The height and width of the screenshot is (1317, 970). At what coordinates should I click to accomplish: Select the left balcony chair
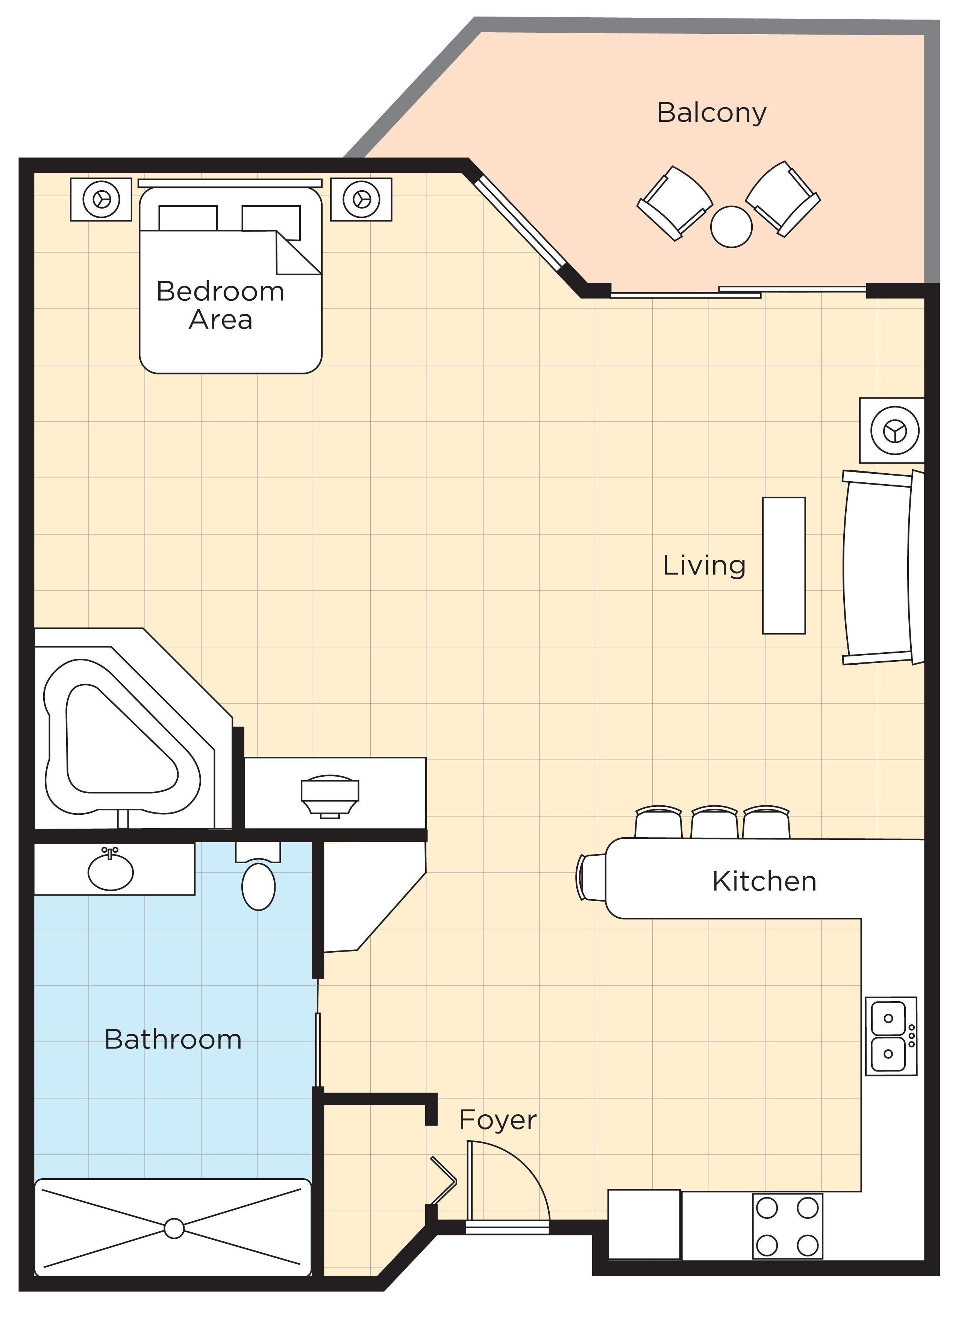(x=674, y=203)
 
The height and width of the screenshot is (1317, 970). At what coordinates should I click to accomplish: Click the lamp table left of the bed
(x=101, y=199)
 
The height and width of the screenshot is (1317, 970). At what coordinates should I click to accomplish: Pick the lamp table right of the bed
(x=361, y=199)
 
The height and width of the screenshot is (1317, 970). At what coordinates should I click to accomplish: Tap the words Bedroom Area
(x=220, y=305)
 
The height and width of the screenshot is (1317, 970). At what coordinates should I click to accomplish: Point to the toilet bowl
(x=258, y=885)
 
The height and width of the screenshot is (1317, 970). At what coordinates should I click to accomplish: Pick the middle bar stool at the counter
(x=714, y=822)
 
